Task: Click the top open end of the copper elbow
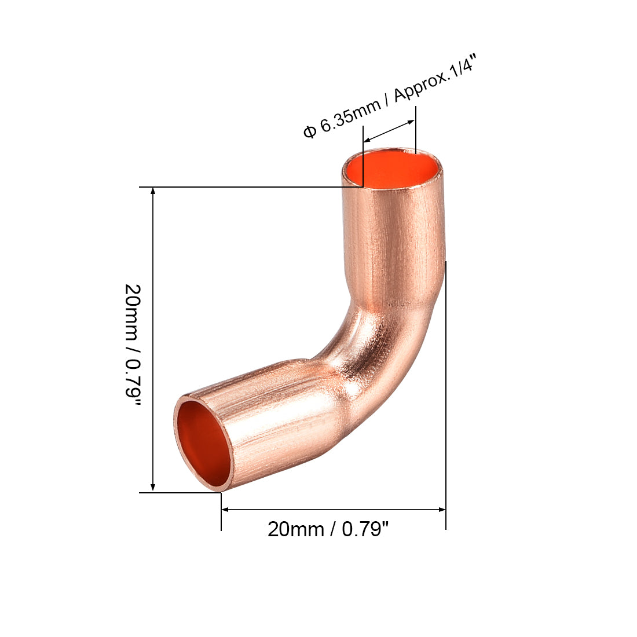[x=392, y=169]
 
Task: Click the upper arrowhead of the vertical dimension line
[x=153, y=192]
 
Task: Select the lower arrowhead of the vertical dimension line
[x=153, y=488]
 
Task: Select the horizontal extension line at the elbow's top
[x=243, y=187]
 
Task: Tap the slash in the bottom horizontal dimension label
[x=333, y=529]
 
